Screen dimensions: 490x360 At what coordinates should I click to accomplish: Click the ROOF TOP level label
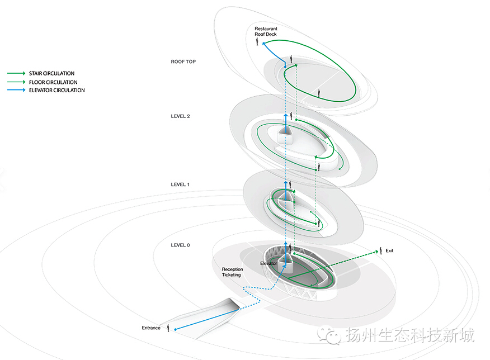coord(183,61)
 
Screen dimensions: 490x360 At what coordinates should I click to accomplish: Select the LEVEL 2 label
coord(180,116)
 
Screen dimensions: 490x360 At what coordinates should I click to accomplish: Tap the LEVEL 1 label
coord(180,184)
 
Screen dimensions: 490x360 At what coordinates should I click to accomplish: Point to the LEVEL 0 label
coord(180,245)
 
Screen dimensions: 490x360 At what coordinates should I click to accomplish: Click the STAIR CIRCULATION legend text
coord(52,73)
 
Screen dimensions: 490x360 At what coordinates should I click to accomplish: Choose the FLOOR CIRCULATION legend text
coord(53,82)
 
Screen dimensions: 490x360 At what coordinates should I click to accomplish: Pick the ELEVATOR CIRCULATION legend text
coord(57,90)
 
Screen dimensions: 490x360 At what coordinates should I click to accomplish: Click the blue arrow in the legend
coord(16,90)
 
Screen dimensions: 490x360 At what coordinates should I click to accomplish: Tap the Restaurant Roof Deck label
coord(266,31)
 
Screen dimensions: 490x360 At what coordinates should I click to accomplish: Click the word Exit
coord(389,250)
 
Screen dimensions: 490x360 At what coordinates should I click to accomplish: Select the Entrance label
coord(151,328)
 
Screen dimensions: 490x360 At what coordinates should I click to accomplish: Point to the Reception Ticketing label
coord(232,272)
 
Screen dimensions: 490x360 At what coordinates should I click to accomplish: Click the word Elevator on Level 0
coord(268,263)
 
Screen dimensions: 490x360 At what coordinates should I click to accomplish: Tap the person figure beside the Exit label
coord(380,250)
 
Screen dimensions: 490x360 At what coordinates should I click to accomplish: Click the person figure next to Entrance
coord(168,328)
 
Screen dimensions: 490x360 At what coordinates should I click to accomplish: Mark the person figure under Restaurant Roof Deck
coord(257,41)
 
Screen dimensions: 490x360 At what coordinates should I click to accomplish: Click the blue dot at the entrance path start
coord(175,329)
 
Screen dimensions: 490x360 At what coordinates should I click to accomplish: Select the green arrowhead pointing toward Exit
coord(376,252)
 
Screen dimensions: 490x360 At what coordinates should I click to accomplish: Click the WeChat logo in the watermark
coord(329,335)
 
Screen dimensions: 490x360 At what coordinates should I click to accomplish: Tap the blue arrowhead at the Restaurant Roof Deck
coord(264,44)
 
